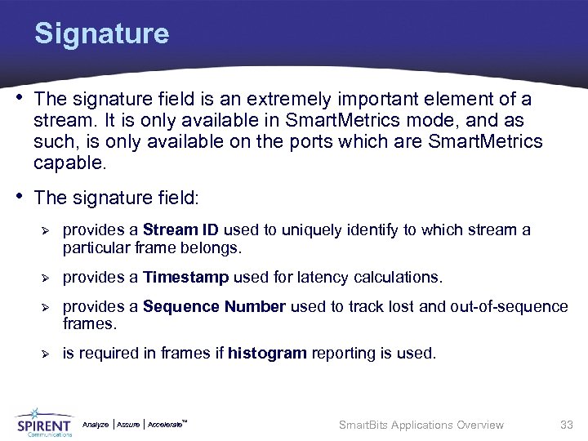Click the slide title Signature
[x=101, y=34]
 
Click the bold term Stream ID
[x=180, y=230]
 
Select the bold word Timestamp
[x=185, y=278]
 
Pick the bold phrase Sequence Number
[x=214, y=307]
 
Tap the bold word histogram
[x=266, y=354]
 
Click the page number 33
[x=566, y=425]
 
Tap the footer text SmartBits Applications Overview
[x=421, y=425]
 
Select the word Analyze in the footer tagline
[x=96, y=425]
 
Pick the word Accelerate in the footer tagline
[x=166, y=425]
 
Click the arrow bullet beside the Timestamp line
[x=46, y=278]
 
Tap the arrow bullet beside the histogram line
[x=46, y=354]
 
